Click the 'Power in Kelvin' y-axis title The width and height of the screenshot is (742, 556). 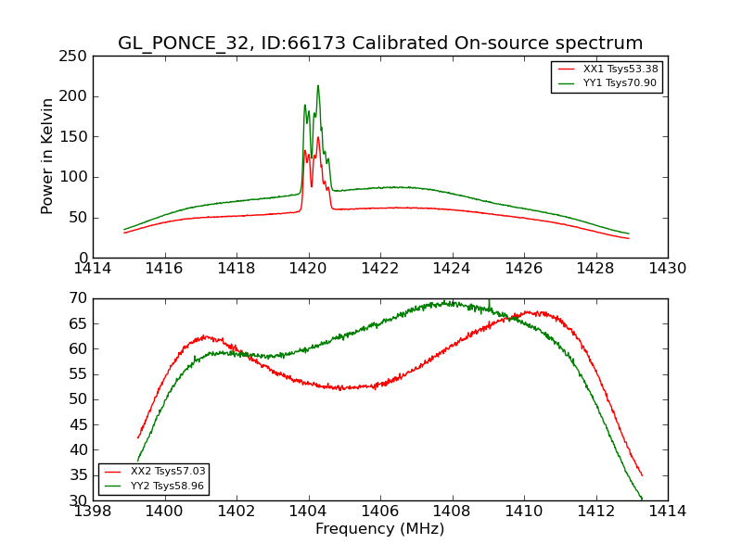click(48, 157)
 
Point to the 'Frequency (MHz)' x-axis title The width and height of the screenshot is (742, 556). click(379, 529)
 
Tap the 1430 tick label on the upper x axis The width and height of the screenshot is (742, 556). click(667, 269)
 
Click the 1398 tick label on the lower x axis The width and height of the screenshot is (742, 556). click(93, 512)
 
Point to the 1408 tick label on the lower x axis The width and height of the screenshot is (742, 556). click(452, 512)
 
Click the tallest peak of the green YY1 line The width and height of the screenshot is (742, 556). click(318, 86)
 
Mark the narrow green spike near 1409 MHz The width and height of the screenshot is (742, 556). click(490, 302)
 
